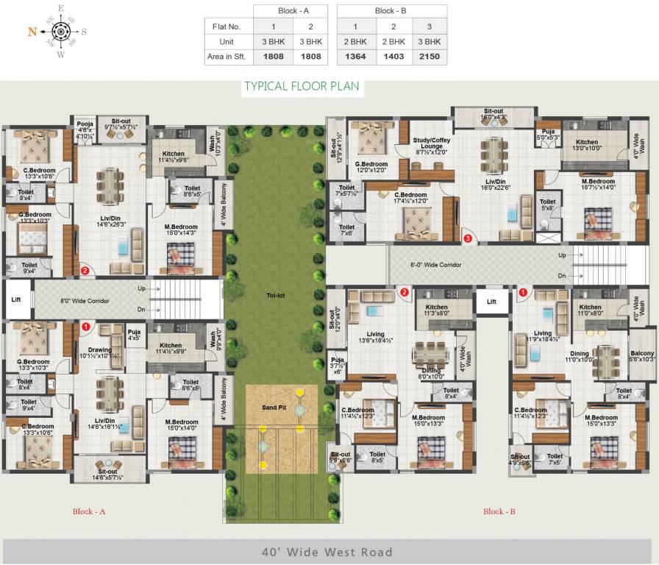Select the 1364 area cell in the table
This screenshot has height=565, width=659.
(x=356, y=57)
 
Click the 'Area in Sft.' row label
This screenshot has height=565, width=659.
(x=228, y=57)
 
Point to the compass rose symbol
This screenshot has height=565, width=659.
(x=60, y=32)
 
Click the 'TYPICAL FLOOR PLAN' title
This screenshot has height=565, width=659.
(x=302, y=87)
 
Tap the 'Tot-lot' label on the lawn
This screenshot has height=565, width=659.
(x=275, y=296)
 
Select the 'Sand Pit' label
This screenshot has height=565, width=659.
(x=274, y=408)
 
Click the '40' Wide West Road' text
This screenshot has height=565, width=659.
(x=328, y=552)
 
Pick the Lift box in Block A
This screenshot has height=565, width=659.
(x=16, y=300)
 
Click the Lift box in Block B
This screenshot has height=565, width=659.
(x=491, y=301)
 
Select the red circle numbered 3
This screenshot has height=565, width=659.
(x=467, y=238)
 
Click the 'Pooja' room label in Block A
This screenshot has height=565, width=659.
(x=85, y=124)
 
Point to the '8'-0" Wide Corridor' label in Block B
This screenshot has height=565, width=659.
(x=436, y=264)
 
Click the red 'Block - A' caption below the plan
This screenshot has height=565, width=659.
(x=89, y=511)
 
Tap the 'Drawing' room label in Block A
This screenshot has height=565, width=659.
(x=100, y=350)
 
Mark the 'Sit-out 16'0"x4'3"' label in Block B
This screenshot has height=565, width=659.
(x=494, y=113)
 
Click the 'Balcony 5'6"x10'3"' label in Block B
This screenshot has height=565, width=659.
(x=641, y=355)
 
